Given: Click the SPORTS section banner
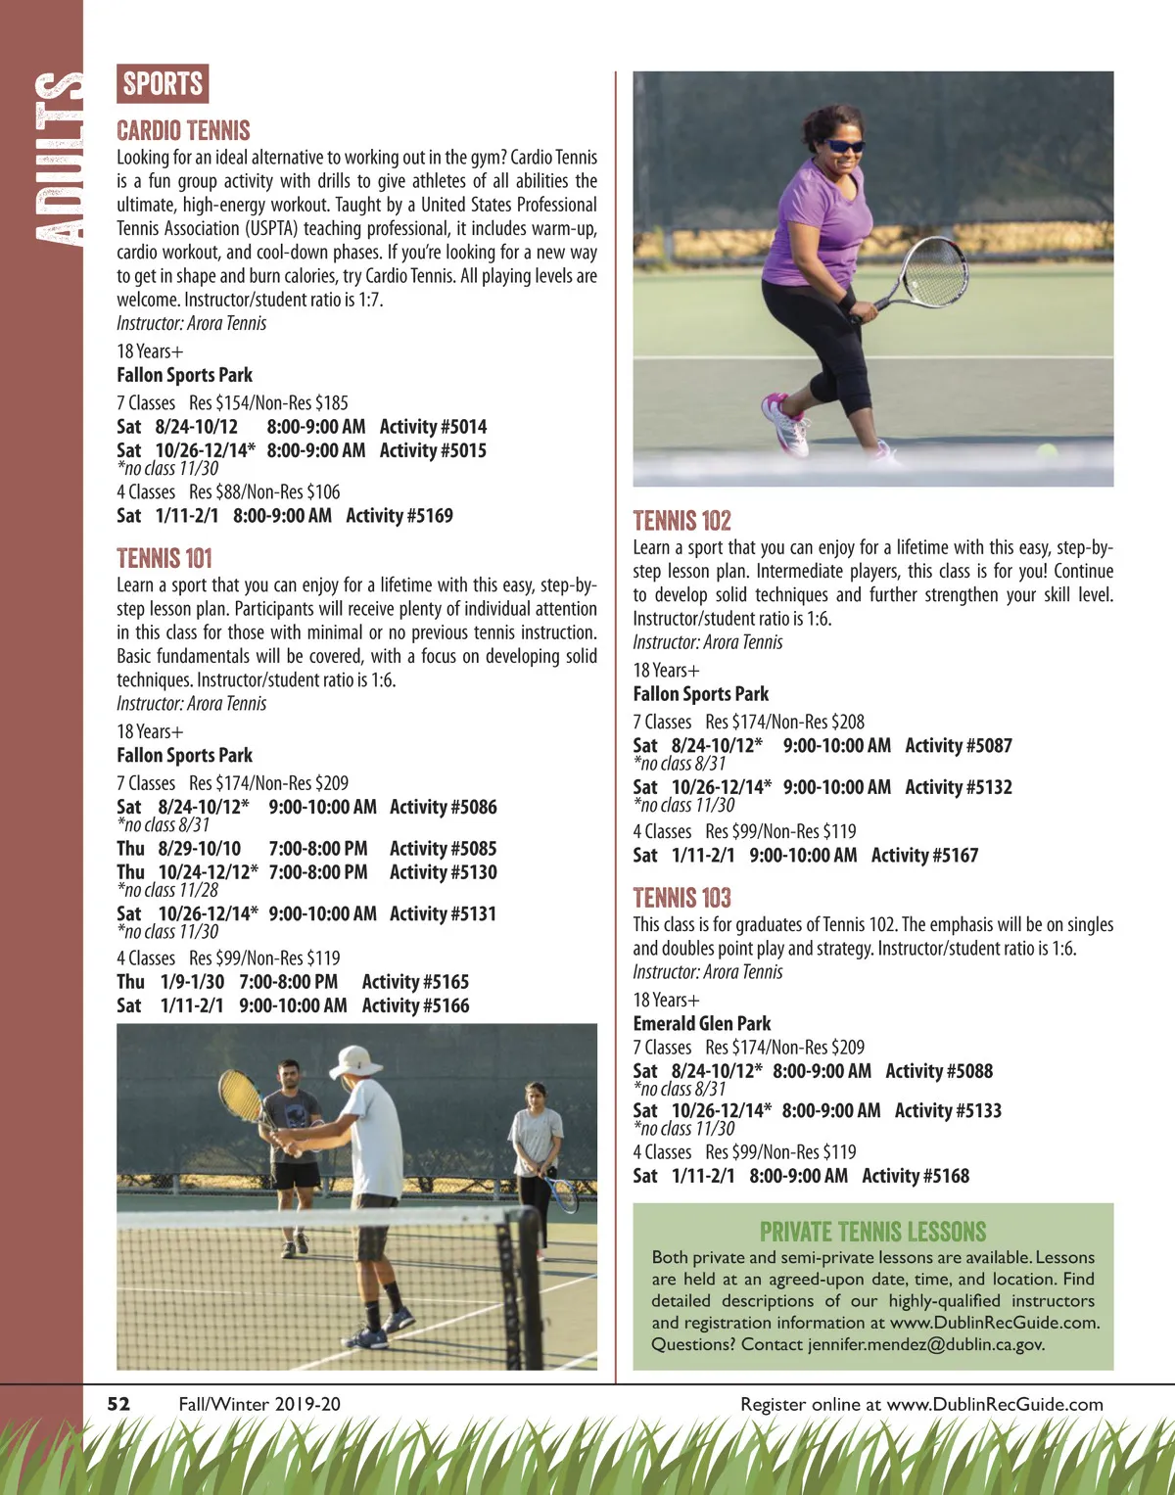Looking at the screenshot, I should click(163, 84).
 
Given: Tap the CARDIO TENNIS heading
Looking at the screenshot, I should click(183, 130).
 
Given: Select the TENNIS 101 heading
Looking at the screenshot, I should click(164, 558).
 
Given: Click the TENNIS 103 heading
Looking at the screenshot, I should click(681, 898).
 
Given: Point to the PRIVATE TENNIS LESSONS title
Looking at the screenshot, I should click(872, 1232).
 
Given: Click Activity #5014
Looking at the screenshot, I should click(433, 427).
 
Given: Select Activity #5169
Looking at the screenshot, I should click(399, 516).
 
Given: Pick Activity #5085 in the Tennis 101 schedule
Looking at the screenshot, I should click(443, 849).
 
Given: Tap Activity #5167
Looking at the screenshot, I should click(924, 856).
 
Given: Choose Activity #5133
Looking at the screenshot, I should click(948, 1111).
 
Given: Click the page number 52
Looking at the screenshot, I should click(118, 1404).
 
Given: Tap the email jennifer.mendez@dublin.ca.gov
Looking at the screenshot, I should click(925, 1344).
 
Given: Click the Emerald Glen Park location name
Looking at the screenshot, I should click(701, 1024).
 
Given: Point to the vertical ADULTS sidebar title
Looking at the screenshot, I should click(57, 157).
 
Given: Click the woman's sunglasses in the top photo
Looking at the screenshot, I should click(843, 146).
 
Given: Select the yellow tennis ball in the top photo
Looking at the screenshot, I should click(1047, 451).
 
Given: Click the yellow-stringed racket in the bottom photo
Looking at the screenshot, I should click(240, 1095).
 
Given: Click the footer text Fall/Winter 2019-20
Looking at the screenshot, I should click(259, 1404).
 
